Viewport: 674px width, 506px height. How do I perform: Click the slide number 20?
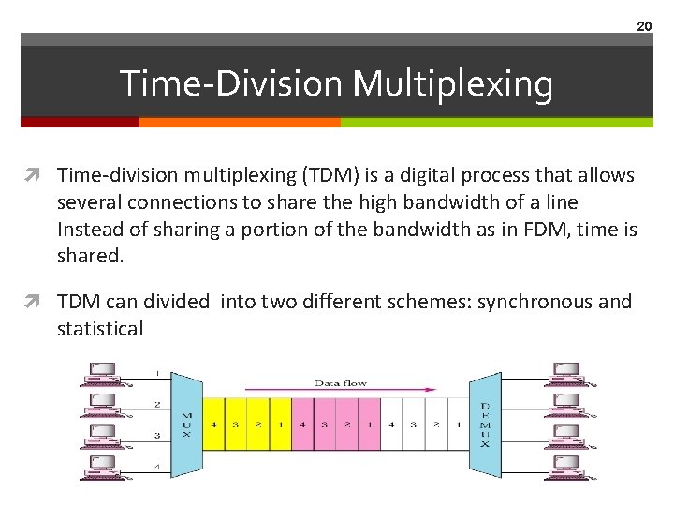point(644,26)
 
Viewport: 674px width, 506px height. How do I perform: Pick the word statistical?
point(100,329)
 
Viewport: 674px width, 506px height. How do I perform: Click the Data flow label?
point(340,383)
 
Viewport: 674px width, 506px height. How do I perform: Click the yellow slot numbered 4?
point(213,424)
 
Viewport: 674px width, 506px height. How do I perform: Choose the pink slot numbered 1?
point(370,424)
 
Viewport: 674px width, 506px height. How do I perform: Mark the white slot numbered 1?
point(458,424)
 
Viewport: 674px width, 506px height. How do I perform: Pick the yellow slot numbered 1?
point(280,424)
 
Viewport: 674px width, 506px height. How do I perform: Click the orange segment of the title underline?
point(239,122)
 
